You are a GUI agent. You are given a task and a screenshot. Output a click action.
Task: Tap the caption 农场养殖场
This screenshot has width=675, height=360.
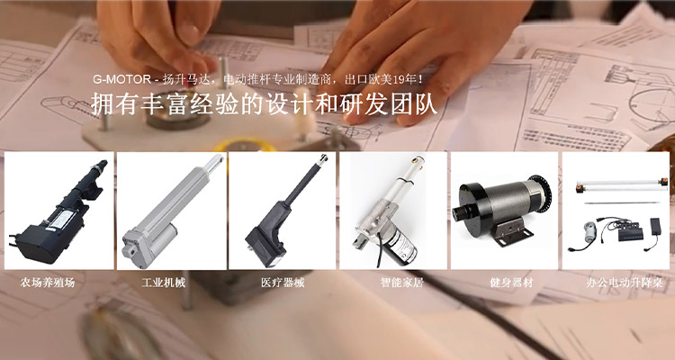48,283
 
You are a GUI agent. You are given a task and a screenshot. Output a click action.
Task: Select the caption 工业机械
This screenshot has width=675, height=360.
164,283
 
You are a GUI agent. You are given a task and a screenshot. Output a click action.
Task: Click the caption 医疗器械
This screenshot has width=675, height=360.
283,283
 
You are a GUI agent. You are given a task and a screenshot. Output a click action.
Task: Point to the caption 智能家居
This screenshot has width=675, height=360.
402,283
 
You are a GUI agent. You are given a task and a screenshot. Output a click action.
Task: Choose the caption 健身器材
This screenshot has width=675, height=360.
511,283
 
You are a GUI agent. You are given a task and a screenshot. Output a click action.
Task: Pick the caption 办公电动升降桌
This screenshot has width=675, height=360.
625,283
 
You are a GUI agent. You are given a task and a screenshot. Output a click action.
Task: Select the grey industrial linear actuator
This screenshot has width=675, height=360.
172,211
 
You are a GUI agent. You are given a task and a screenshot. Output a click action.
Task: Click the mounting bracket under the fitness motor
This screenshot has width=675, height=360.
512,231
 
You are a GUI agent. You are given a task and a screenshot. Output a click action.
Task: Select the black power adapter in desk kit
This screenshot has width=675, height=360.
655,224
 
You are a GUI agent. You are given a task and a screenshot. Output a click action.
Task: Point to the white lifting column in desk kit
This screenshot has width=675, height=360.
622,186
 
